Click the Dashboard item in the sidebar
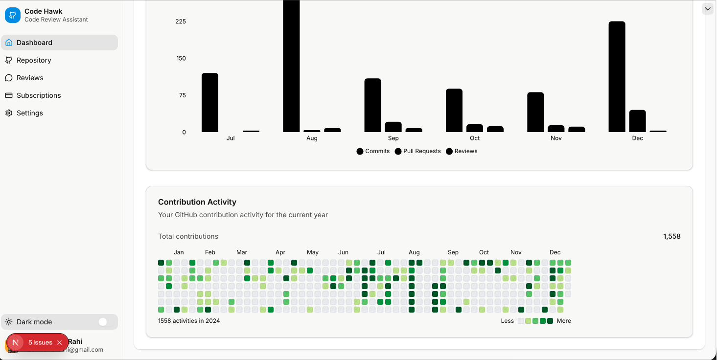coord(34,43)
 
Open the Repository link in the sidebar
coord(34,60)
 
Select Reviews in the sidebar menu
coord(30,78)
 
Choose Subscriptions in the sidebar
coord(39,95)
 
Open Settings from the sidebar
coord(30,113)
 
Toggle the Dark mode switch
coord(103,322)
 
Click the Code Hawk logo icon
coord(13,15)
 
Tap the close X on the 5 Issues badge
coord(59,342)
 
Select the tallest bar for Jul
coord(210,103)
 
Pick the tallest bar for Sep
coord(372,105)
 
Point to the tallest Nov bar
coord(535,112)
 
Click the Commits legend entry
coord(373,151)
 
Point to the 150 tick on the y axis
coord(181,58)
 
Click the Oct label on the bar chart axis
coord(475,138)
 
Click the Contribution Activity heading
coord(197,202)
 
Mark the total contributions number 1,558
coord(671,236)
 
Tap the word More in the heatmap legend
coord(564,321)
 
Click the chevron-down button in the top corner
coord(708,9)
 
